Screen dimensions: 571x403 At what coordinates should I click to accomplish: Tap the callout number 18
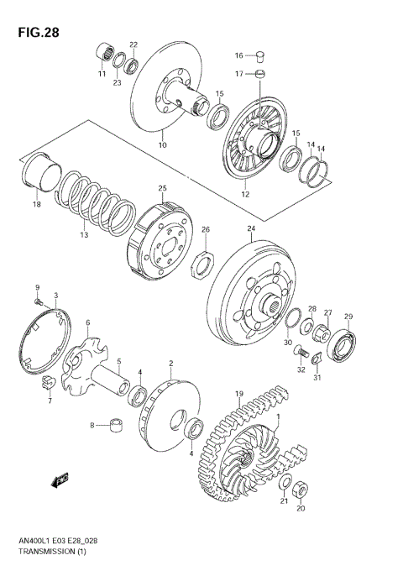36,204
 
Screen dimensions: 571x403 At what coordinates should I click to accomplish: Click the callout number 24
250,228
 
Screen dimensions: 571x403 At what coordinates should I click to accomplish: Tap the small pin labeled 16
261,56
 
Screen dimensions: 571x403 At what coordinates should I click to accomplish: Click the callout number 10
163,145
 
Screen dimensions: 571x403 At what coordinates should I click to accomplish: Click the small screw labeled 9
38,301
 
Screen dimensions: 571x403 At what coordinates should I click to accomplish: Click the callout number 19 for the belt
238,393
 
